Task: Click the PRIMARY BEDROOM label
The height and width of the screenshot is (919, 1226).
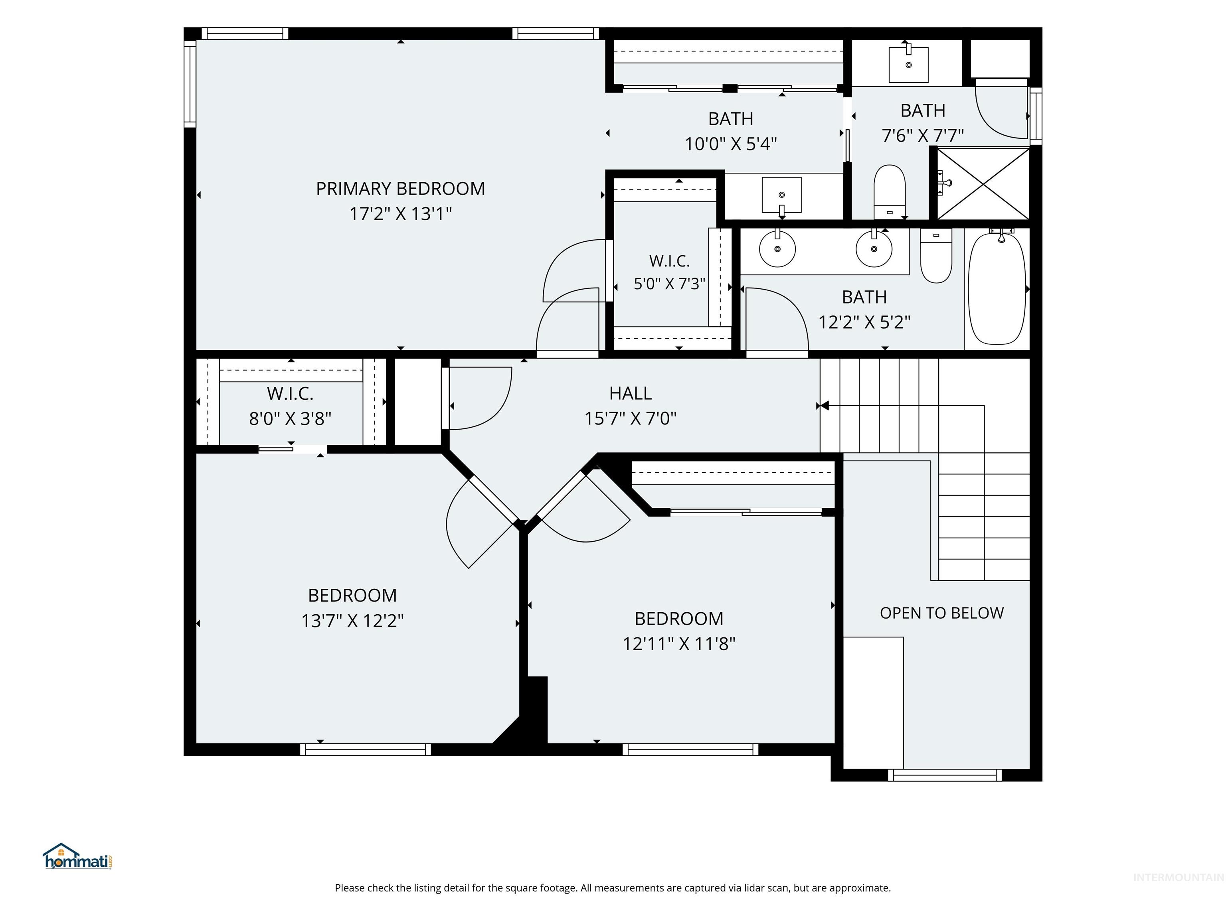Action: [x=400, y=189]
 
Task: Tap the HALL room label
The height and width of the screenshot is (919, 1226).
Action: [x=630, y=393]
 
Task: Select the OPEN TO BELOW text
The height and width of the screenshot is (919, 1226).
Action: [x=942, y=613]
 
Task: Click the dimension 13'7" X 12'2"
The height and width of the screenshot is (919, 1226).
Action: [x=352, y=620]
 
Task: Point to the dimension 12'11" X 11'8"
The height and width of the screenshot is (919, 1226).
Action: [x=679, y=644]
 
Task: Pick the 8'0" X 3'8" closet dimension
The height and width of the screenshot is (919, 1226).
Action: [x=290, y=418]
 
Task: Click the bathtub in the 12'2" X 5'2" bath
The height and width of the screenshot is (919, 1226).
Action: [x=997, y=288]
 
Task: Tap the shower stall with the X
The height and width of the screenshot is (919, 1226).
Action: [x=983, y=183]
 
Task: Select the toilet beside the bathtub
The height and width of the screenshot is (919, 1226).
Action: [x=936, y=256]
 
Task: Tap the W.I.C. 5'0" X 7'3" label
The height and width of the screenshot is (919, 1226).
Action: [x=670, y=272]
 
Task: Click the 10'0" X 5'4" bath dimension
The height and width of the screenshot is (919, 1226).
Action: [x=730, y=144]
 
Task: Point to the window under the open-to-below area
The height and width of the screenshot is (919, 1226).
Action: [x=945, y=775]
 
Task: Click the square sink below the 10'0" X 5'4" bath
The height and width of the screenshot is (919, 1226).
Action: [x=781, y=195]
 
